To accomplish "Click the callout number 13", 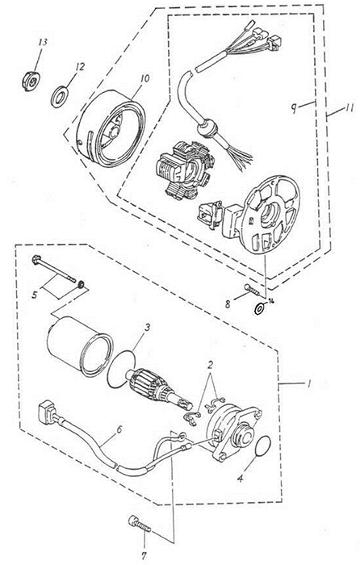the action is click(43, 42).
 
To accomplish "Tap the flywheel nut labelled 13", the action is click(31, 81).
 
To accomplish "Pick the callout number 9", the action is click(295, 108).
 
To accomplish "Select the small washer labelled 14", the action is click(259, 309).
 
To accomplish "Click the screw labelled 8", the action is click(251, 289).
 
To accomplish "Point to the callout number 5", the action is click(35, 295).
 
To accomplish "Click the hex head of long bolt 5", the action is click(37, 260).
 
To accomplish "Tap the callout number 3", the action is click(147, 328).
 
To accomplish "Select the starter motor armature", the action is click(157, 391).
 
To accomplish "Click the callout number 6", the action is click(119, 429).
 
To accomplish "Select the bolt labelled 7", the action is click(140, 524).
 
